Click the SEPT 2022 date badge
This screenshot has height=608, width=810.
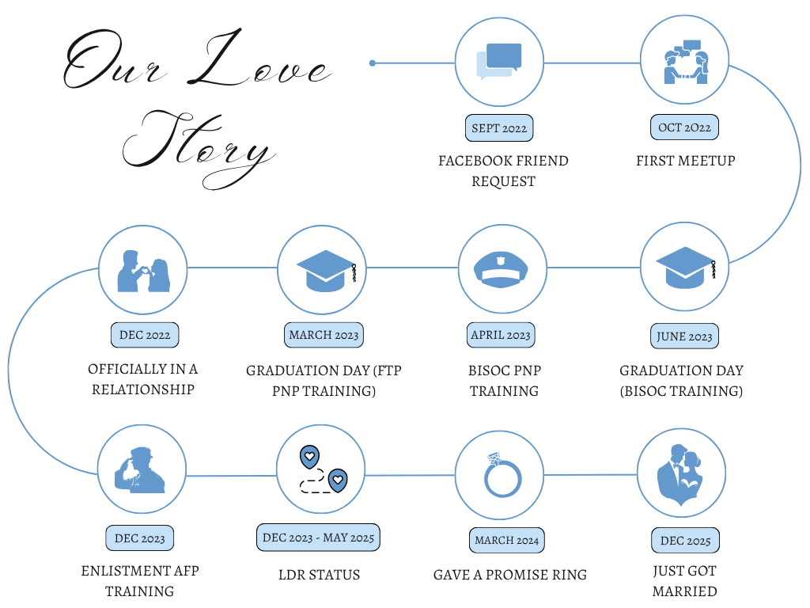click(499, 127)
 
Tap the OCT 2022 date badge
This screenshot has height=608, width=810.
click(684, 127)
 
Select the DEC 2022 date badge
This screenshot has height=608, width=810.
click(145, 335)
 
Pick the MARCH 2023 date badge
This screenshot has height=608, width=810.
click(324, 335)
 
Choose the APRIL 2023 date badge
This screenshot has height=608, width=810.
click(501, 335)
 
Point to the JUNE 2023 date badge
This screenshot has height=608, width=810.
click(684, 336)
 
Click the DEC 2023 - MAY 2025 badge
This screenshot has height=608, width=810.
click(318, 538)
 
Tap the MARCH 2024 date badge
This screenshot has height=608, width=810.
click(507, 540)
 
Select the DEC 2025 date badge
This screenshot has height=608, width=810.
click(686, 541)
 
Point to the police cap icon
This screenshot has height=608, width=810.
click(501, 269)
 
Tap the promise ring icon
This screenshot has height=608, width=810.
click(502, 475)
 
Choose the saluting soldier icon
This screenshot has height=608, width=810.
click(139, 470)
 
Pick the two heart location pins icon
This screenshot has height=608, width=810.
click(324, 470)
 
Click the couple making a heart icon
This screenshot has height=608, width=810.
click(144, 272)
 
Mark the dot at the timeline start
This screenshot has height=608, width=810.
click(373, 63)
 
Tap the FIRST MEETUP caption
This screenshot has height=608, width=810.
click(686, 161)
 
